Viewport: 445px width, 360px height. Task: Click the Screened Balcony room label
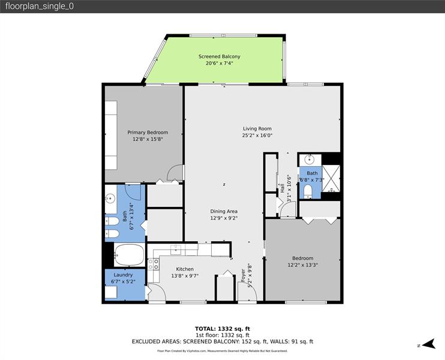point(215,56)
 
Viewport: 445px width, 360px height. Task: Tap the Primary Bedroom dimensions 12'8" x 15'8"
point(148,139)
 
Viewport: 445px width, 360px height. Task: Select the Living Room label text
point(257,128)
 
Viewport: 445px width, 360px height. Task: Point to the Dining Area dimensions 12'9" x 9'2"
point(224,218)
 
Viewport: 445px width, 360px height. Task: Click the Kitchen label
point(184,269)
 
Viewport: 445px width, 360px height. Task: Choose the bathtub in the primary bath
point(128,254)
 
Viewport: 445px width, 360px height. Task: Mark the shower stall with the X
point(331,173)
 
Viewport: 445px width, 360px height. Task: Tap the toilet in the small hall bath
point(308,191)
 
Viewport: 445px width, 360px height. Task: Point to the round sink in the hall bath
point(309,160)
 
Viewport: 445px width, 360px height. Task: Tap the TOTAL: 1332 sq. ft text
point(222,328)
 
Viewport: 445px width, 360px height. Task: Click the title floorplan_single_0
point(38,7)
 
